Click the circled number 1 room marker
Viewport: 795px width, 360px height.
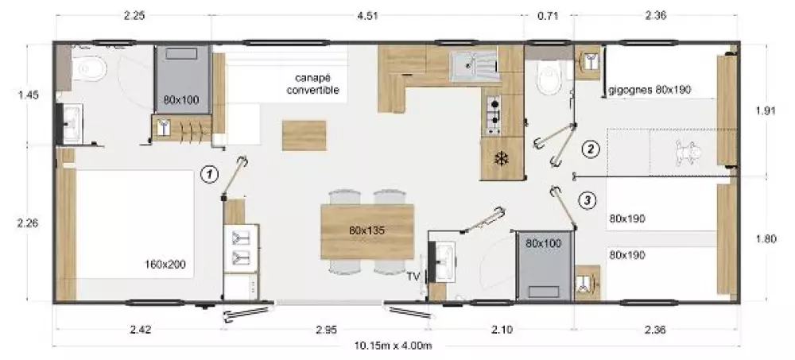(209, 175)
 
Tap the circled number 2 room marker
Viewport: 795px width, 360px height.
(591, 149)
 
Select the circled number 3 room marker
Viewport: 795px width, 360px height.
(587, 200)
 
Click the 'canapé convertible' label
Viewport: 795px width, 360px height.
(312, 84)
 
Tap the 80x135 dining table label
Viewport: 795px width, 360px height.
(367, 230)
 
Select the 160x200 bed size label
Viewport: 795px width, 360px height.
(165, 264)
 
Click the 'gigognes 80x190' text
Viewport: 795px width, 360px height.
(650, 90)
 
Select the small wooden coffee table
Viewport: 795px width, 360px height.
(304, 135)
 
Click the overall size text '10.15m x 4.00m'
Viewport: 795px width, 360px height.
(394, 346)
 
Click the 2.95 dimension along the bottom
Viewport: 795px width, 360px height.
(326, 330)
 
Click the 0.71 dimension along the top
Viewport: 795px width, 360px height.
(548, 16)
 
